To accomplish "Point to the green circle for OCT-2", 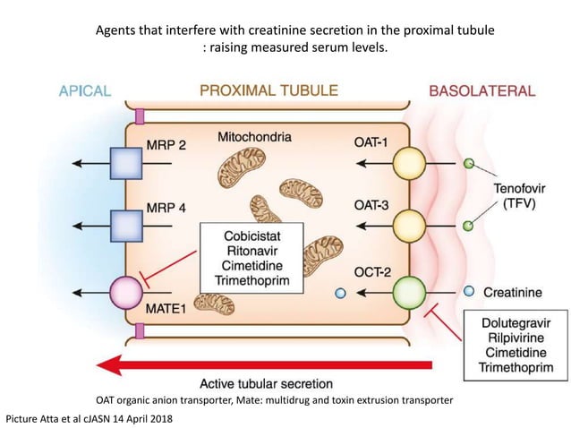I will (409, 293).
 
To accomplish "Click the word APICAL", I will (84, 90).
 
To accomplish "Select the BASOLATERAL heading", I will (482, 90).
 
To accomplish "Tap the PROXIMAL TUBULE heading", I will (268, 90).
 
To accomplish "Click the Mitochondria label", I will (255, 137).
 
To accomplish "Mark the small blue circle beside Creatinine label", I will (469, 292).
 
